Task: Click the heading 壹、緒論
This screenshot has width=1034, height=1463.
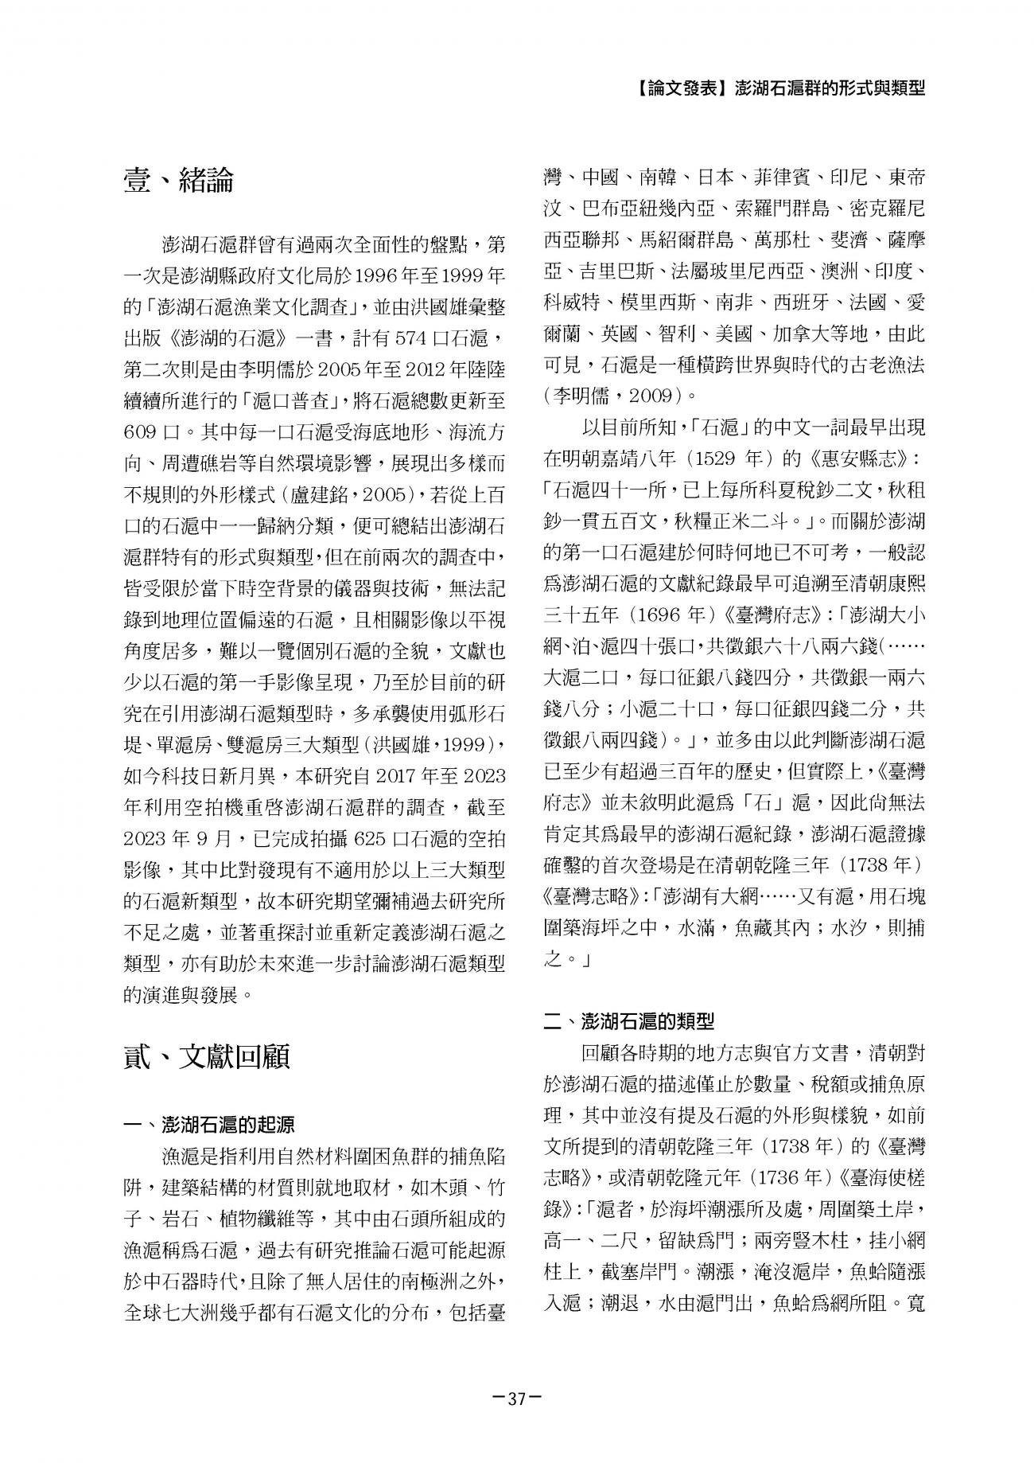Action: coord(179,181)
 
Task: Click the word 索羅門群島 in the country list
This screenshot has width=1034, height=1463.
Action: coord(772,209)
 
